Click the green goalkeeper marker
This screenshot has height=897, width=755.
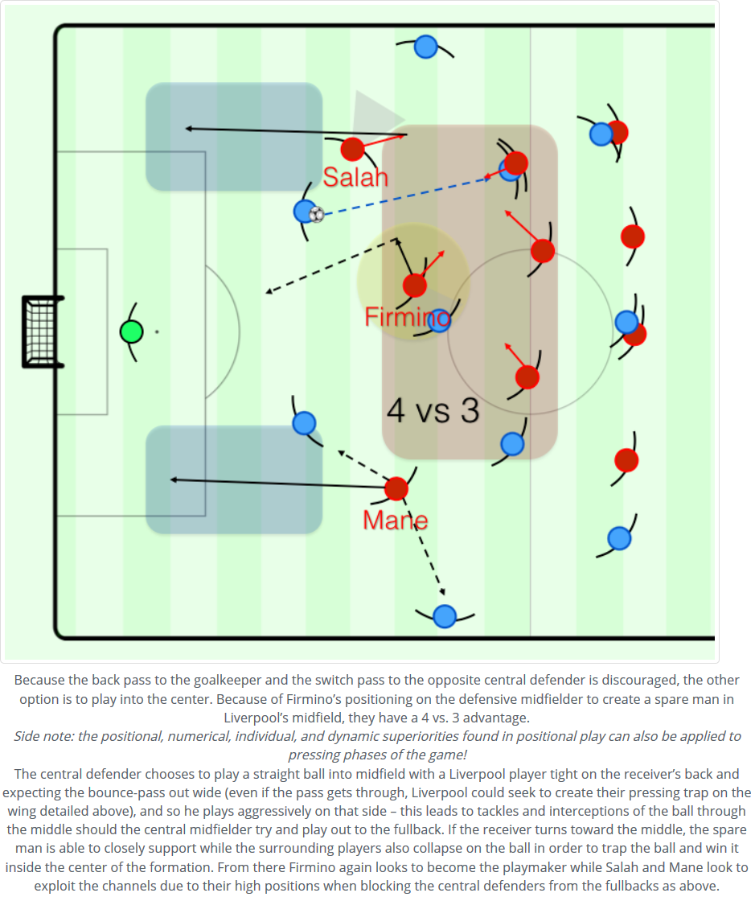click(131, 331)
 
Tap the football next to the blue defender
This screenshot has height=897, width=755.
click(317, 215)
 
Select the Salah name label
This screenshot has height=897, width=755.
click(355, 177)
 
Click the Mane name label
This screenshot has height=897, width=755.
click(395, 521)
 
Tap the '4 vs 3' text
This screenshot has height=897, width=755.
click(433, 411)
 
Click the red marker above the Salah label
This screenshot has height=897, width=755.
click(352, 149)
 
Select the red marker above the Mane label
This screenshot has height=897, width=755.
click(396, 488)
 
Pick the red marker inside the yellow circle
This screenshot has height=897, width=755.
click(415, 285)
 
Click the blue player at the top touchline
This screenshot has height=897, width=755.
click(425, 47)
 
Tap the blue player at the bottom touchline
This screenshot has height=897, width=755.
click(445, 616)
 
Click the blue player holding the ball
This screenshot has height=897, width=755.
click(304, 212)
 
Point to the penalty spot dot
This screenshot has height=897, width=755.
click(157, 331)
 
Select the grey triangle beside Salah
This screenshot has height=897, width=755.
click(375, 113)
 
